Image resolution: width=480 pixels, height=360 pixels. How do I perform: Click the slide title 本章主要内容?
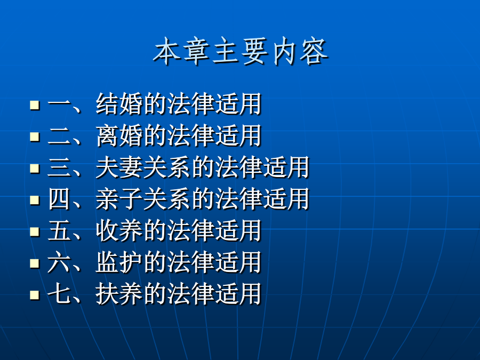[x=241, y=51]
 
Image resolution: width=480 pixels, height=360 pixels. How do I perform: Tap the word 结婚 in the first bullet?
[x=119, y=104]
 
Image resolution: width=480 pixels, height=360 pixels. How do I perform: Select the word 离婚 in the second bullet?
[x=119, y=135]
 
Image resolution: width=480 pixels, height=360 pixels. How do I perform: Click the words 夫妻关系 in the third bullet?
[x=143, y=167]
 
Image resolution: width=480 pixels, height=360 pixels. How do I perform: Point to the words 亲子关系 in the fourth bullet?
[x=143, y=199]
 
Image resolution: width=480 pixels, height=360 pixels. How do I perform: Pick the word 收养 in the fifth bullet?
[x=119, y=230]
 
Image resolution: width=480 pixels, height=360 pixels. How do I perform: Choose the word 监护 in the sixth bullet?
[x=119, y=262]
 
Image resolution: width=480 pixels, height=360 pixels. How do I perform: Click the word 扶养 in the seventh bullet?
[x=119, y=294]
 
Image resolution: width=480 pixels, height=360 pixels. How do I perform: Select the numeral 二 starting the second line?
[x=59, y=136]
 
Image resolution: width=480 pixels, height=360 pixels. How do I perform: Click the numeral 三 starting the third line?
[x=59, y=167]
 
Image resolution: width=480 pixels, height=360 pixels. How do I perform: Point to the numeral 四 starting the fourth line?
[x=59, y=199]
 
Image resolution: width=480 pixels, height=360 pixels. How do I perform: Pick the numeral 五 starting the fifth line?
[x=59, y=231]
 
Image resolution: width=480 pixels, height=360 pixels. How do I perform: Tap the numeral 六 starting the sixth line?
[x=59, y=262]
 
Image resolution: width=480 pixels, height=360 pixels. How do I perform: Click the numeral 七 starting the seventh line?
[x=59, y=294]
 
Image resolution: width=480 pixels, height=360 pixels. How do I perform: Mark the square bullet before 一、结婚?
[x=35, y=105]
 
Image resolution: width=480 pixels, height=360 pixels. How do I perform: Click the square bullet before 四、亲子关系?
[x=35, y=200]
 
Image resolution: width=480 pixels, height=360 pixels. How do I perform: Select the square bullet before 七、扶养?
[x=35, y=295]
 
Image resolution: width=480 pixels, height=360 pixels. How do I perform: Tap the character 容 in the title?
[x=314, y=51]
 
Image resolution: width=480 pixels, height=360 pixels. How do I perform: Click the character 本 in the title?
[x=167, y=51]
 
